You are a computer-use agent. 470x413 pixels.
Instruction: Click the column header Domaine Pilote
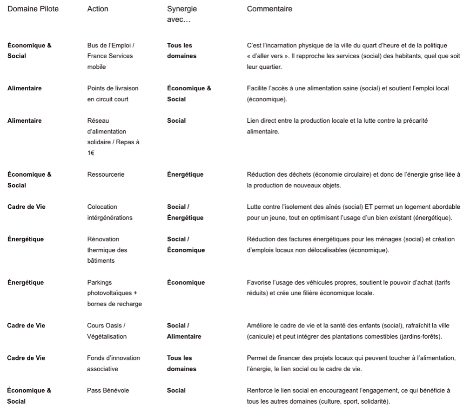click(x=33, y=9)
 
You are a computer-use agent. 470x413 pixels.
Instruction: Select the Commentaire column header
click(x=269, y=9)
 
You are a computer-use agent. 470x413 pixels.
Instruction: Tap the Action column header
click(x=98, y=9)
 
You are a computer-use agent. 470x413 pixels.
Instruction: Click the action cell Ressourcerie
click(x=106, y=174)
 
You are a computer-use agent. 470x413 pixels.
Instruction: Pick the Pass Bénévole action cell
click(x=108, y=390)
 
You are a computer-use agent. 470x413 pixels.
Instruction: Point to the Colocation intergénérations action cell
click(x=110, y=212)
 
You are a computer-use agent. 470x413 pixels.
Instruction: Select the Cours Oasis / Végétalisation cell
click(x=106, y=331)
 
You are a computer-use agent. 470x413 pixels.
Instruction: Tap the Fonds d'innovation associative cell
click(x=114, y=363)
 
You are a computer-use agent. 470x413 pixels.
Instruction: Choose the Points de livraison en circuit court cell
click(x=113, y=93)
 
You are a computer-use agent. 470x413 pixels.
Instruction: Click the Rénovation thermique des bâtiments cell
click(x=107, y=250)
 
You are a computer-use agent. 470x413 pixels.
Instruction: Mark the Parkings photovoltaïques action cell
click(x=114, y=293)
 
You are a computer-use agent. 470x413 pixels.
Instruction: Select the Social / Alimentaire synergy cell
click(x=184, y=331)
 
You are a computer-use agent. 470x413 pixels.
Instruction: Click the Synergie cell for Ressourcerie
click(x=185, y=174)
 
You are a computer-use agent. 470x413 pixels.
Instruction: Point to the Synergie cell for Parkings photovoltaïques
click(x=186, y=282)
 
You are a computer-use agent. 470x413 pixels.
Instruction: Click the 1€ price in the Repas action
click(x=91, y=153)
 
